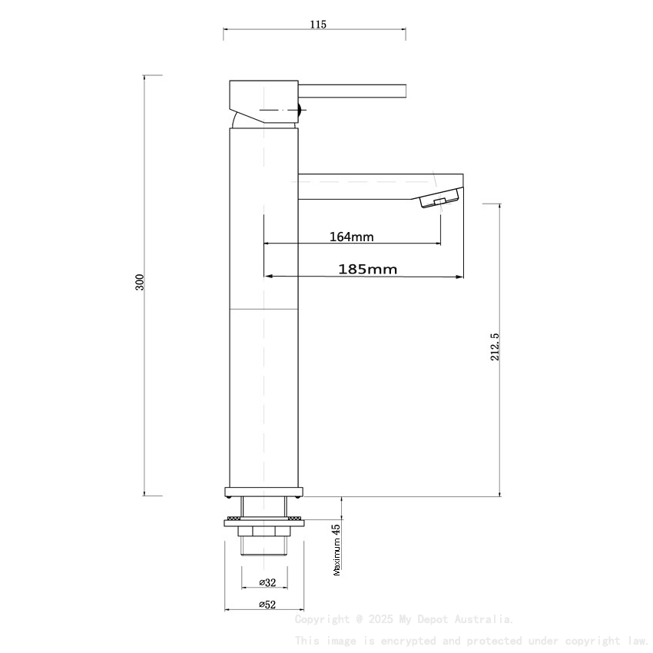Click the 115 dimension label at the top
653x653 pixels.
(x=318, y=25)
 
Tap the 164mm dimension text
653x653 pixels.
(x=351, y=237)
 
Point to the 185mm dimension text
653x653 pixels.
(x=367, y=269)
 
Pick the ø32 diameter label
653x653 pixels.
(x=267, y=582)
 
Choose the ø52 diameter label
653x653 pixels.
(x=267, y=605)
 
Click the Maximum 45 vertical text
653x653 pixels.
(x=336, y=550)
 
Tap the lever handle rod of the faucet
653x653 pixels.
(x=353, y=91)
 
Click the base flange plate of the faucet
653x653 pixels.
(x=264, y=491)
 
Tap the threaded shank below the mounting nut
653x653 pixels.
(x=264, y=545)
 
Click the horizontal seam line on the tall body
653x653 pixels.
(x=264, y=309)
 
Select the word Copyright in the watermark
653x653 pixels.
(x=322, y=619)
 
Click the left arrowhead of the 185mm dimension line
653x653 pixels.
(x=268, y=277)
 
